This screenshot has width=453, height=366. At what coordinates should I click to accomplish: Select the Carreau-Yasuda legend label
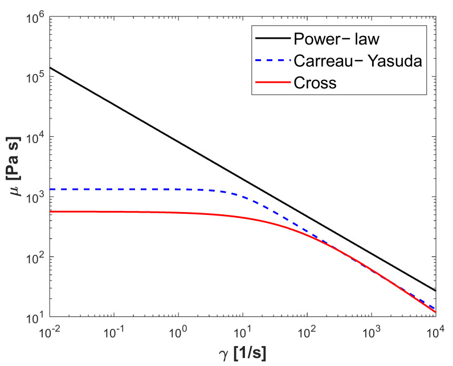click(358, 61)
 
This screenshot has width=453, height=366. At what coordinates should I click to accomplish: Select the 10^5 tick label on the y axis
click(36, 77)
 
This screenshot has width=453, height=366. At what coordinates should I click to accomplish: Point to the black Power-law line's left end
click(51, 68)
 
